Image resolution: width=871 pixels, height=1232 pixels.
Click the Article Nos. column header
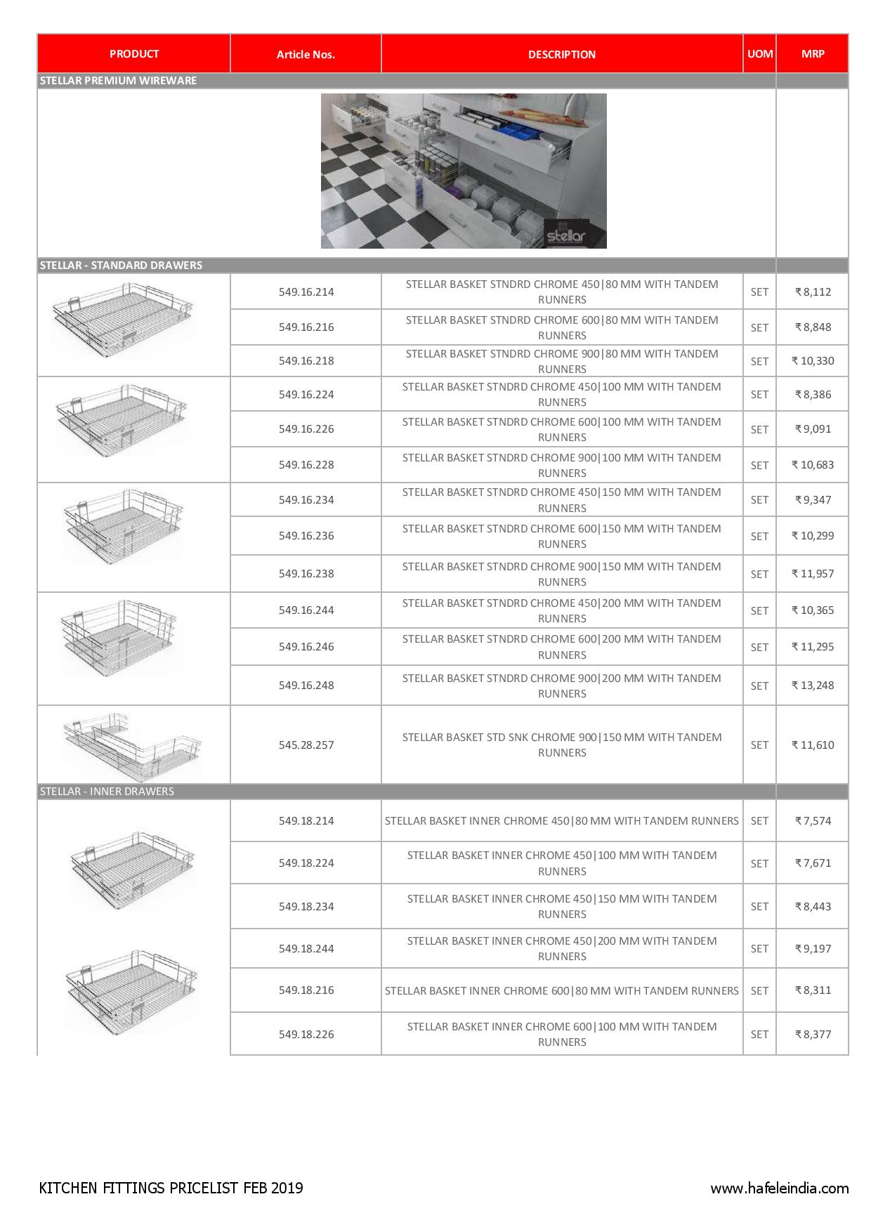pyautogui.click(x=306, y=54)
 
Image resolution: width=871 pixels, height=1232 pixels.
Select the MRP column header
pyautogui.click(x=813, y=53)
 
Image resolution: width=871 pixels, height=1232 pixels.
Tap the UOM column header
pyautogui.click(x=759, y=53)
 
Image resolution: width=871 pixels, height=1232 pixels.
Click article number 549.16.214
pyautogui.click(x=306, y=291)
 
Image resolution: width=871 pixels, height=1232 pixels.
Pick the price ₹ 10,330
pyautogui.click(x=813, y=361)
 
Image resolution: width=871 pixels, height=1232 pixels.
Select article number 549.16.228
pyautogui.click(x=306, y=464)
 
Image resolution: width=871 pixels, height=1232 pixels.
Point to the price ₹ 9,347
pyautogui.click(x=813, y=500)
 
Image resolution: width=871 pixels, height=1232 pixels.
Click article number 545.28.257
pyautogui.click(x=306, y=745)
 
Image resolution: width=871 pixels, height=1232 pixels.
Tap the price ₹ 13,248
pyautogui.click(x=813, y=685)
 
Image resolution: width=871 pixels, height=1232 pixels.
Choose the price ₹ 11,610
pyautogui.click(x=813, y=745)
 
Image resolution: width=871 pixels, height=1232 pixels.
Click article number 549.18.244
pyautogui.click(x=306, y=948)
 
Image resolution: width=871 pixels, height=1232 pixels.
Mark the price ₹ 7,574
pyautogui.click(x=813, y=820)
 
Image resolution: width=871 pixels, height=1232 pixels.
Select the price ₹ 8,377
pyautogui.click(x=813, y=1034)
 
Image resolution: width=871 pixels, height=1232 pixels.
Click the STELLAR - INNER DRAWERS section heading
pyautogui.click(x=107, y=792)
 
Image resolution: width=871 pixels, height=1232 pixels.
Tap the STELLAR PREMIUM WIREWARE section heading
pyautogui.click(x=118, y=81)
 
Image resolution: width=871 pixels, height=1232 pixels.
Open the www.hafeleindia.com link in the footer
pyautogui.click(x=779, y=1188)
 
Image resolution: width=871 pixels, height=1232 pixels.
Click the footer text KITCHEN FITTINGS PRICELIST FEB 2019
pyautogui.click(x=171, y=1188)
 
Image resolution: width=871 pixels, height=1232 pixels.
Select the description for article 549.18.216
pyautogui.click(x=562, y=990)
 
